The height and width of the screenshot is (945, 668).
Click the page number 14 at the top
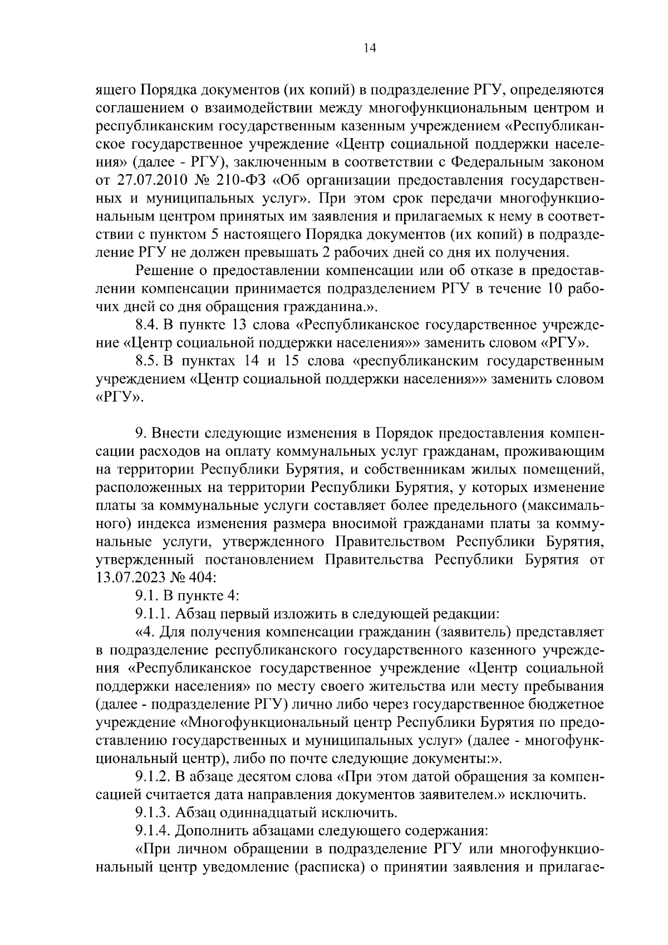pos(370,48)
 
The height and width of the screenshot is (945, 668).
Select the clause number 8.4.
pos(148,324)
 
